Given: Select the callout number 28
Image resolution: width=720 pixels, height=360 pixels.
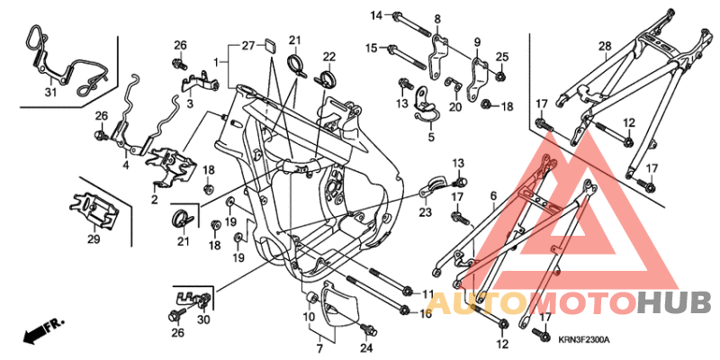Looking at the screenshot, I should click(x=605, y=46).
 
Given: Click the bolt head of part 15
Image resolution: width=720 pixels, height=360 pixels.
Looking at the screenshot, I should click(x=392, y=49).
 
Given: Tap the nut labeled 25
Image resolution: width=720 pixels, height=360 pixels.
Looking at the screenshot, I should click(x=501, y=73).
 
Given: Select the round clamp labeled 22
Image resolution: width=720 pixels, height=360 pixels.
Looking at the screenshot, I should click(x=328, y=76).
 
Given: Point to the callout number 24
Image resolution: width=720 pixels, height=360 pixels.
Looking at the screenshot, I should click(x=366, y=346).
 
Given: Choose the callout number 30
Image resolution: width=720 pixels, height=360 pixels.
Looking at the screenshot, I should click(x=202, y=319).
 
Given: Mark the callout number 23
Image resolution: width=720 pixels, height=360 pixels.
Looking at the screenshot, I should click(x=425, y=212).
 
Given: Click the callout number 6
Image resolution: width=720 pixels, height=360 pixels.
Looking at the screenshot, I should click(x=492, y=194).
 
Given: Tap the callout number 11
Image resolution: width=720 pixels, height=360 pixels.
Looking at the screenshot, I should click(x=427, y=293).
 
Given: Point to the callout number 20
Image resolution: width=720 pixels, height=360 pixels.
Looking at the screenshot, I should click(x=454, y=107).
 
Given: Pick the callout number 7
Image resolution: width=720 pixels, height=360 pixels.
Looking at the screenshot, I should click(x=318, y=346).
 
